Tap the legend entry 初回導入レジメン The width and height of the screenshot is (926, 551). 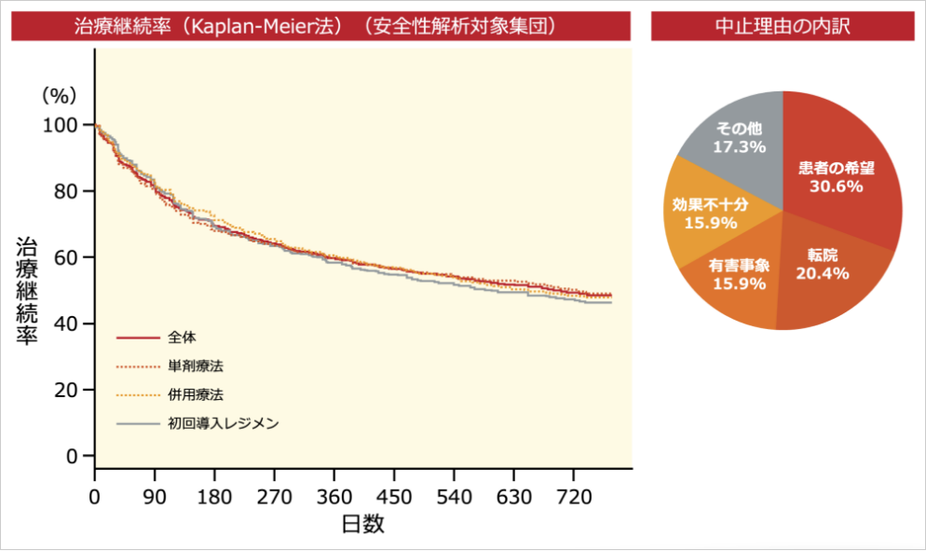pos(224,423)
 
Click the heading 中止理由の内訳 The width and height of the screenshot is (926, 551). pos(782,26)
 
